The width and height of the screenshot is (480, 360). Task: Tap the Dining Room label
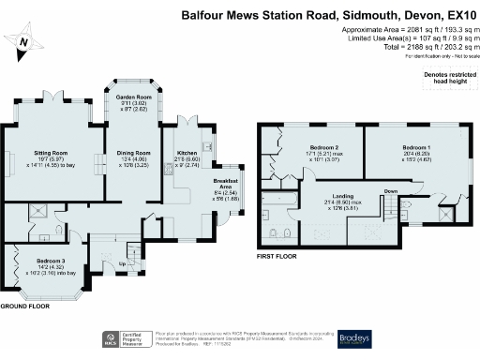(x=132, y=153)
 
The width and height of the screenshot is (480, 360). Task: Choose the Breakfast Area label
(x=227, y=185)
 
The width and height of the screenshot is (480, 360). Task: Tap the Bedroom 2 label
(x=322, y=149)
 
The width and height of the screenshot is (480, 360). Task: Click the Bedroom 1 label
(x=417, y=149)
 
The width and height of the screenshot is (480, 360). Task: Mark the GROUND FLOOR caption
(x=25, y=307)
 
